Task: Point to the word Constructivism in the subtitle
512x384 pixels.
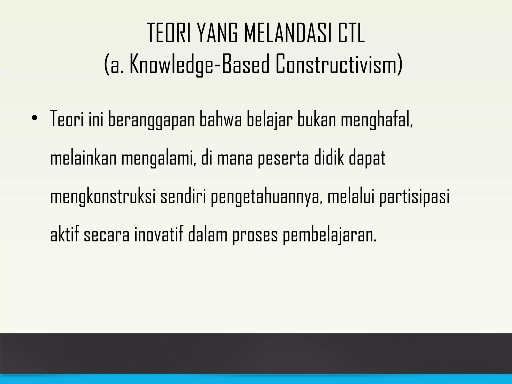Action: [x=339, y=64]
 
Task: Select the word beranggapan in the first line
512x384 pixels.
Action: [x=151, y=120]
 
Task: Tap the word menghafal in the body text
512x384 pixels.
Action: [x=376, y=120]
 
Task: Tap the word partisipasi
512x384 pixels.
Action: [x=414, y=197]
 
